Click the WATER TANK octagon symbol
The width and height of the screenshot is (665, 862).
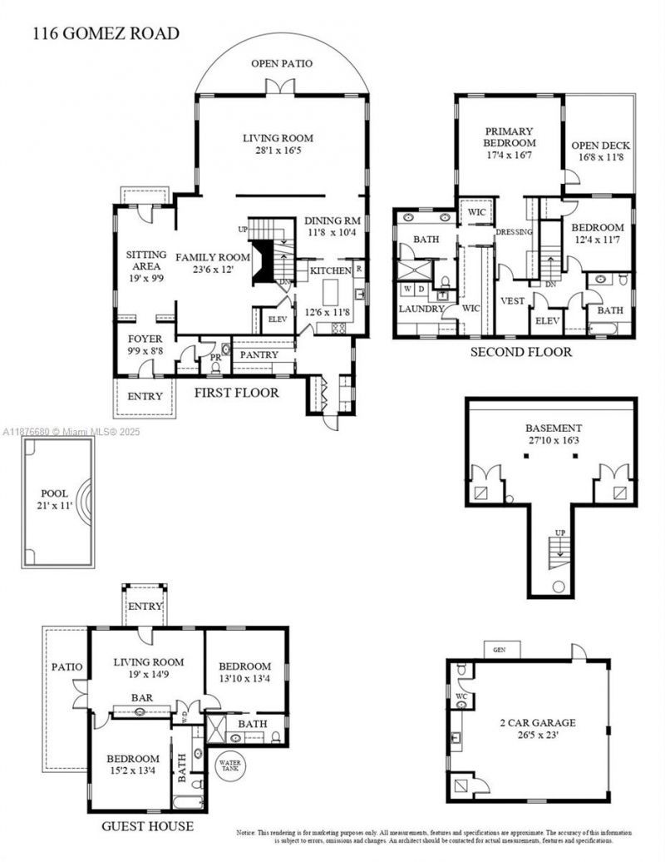click(229, 765)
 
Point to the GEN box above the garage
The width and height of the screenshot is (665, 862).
click(500, 649)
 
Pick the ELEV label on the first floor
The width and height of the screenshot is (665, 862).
click(275, 318)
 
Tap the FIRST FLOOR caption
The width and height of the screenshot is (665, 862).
click(237, 392)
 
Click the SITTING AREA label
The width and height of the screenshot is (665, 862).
click(146, 261)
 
